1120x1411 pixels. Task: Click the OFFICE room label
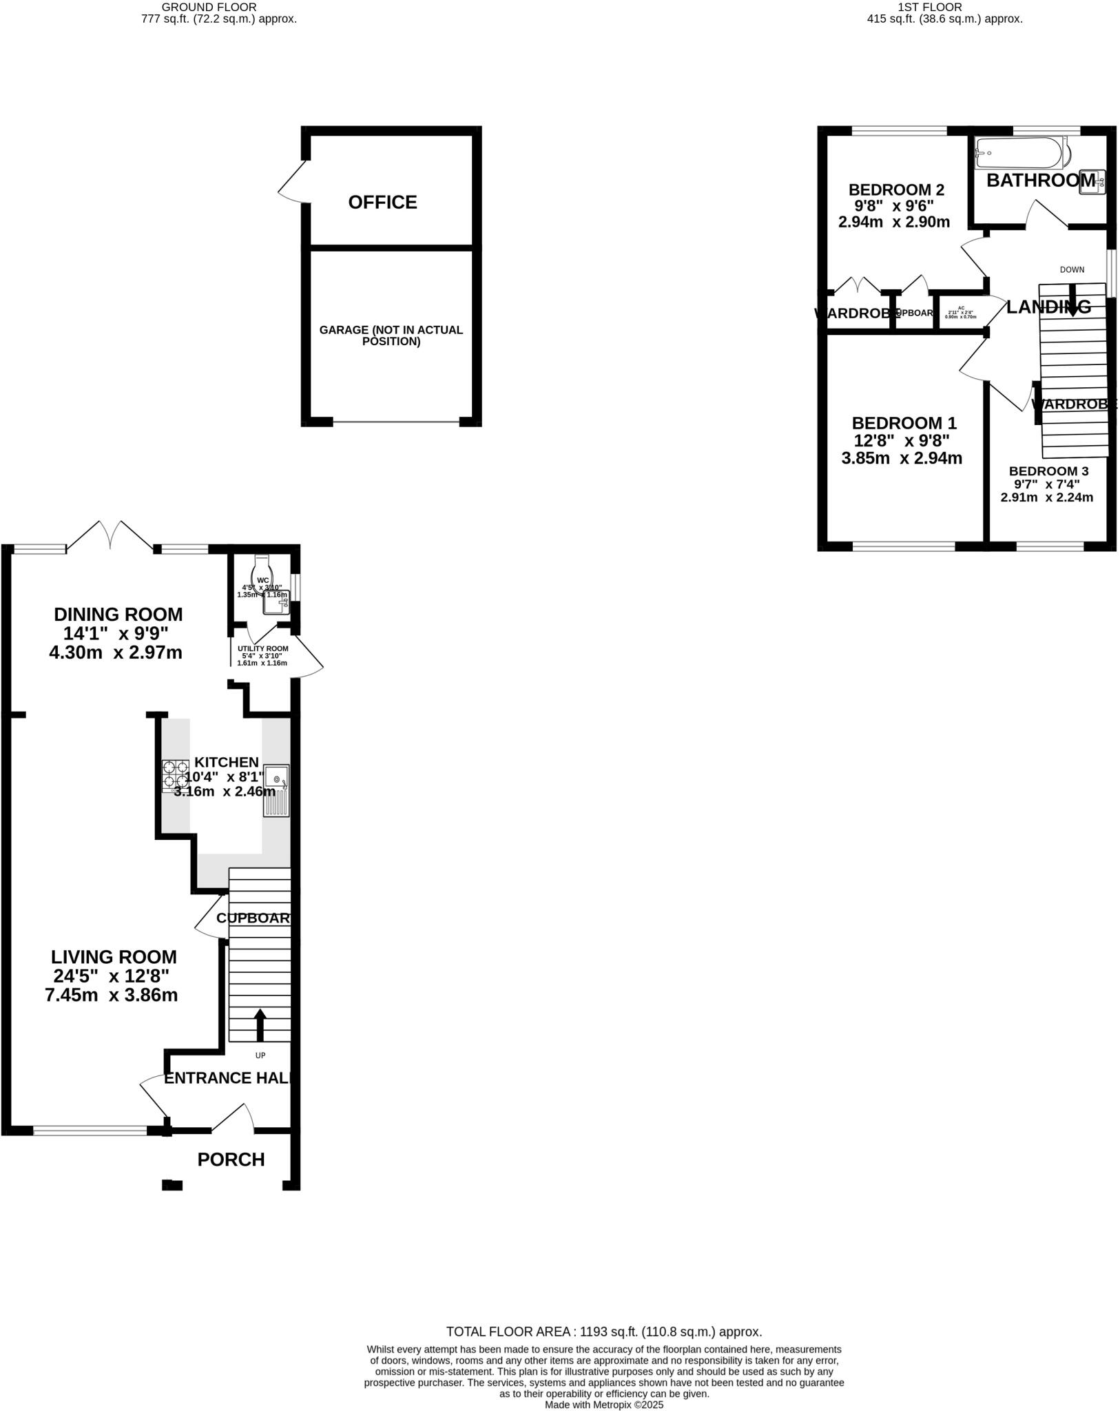click(382, 202)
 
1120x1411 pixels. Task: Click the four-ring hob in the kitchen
click(176, 775)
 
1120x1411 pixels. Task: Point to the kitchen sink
click(276, 790)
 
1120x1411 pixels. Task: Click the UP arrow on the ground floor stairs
click(260, 1024)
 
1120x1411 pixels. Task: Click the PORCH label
click(231, 1160)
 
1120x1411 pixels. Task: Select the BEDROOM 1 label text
click(904, 423)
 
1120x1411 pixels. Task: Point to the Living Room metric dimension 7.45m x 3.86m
click(112, 995)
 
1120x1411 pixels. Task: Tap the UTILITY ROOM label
click(262, 648)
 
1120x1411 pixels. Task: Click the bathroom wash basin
click(1092, 181)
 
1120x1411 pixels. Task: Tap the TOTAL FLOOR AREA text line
click(603, 1332)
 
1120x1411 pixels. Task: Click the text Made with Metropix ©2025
click(603, 1405)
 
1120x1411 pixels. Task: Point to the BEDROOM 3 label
click(1048, 471)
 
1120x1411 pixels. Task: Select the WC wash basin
click(277, 602)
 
